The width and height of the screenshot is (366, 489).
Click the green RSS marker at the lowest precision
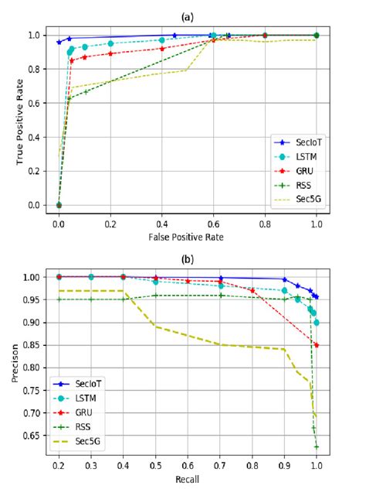pos(317,446)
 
